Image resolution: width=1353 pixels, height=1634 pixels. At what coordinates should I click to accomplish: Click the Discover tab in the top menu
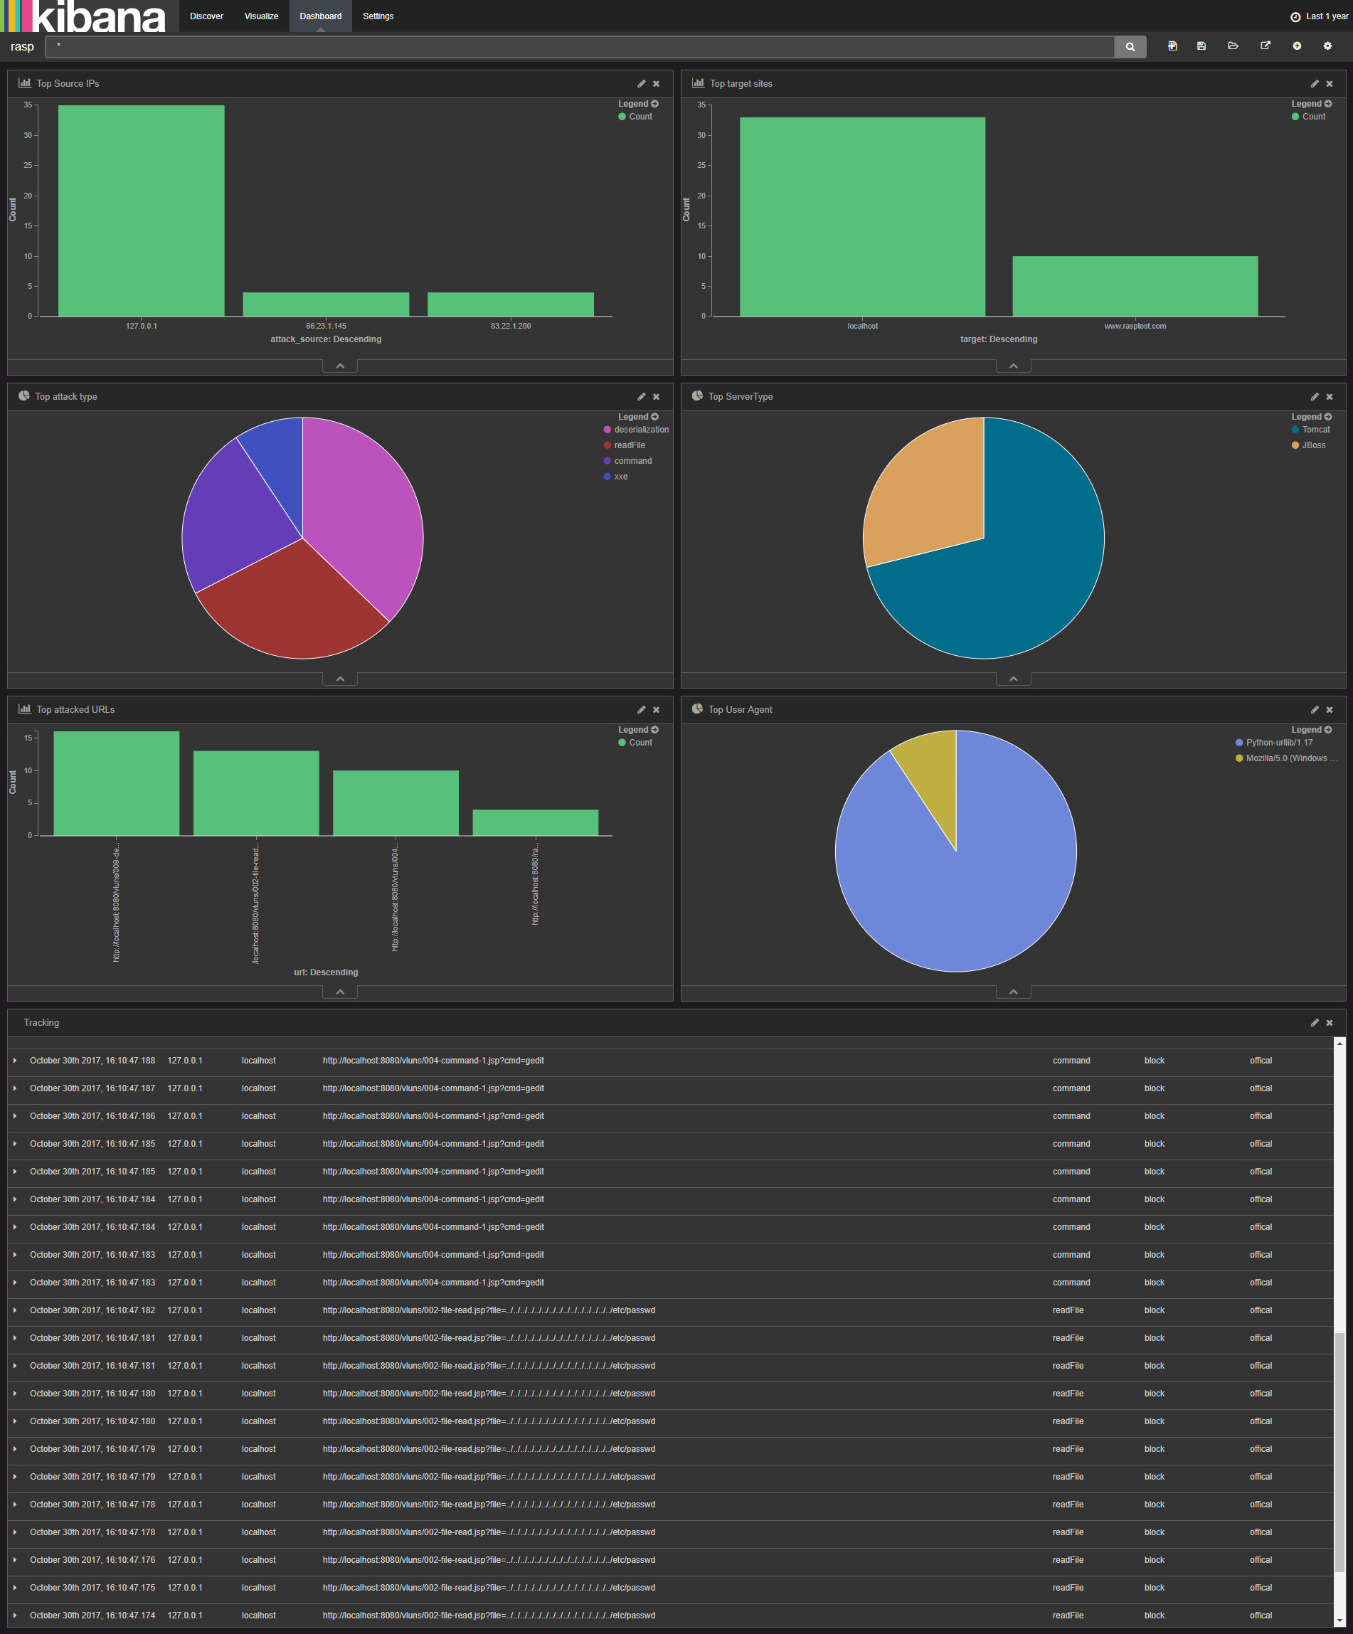206,16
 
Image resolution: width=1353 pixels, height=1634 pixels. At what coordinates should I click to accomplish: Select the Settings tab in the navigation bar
378,16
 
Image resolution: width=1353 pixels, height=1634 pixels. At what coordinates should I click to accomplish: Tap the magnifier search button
1130,47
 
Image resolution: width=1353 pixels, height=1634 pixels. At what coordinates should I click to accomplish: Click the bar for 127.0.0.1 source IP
141,210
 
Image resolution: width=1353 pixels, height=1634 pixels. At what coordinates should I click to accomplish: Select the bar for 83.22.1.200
510,304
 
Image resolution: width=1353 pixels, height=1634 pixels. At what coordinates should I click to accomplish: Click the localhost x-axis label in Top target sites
862,326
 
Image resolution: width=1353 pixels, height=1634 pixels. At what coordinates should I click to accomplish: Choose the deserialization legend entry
640,430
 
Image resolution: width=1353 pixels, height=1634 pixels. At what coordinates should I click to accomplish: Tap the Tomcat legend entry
1316,430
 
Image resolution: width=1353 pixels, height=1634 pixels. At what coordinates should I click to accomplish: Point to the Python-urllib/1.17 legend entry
1278,742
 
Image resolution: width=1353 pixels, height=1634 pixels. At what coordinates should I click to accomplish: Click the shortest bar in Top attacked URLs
535,822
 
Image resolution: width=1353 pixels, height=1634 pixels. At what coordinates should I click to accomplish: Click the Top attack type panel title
66,397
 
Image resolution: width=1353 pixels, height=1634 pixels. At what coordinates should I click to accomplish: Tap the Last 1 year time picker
1320,16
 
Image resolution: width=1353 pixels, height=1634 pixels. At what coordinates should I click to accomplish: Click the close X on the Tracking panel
1330,1022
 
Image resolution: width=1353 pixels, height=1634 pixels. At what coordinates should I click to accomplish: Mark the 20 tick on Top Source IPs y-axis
28,196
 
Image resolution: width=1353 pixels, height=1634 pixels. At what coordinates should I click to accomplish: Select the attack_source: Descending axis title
326,339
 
